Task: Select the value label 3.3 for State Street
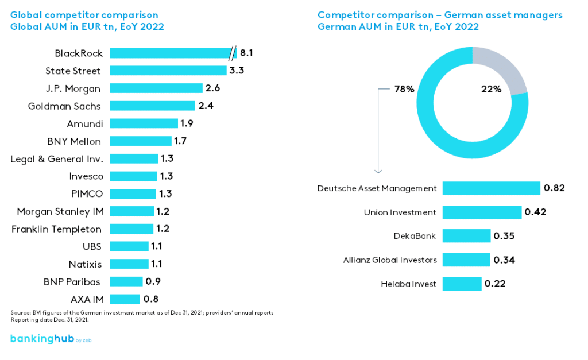tap(237, 71)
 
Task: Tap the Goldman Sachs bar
tap(152, 106)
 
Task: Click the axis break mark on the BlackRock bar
tap(232, 53)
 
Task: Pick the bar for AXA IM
tap(125, 299)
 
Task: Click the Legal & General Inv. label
tap(57, 159)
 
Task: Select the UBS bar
tap(129, 246)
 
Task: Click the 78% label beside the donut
tap(404, 89)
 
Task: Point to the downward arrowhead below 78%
tap(378, 170)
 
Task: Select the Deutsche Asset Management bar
tap(491, 188)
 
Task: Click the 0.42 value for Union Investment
tap(535, 212)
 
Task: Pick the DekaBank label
tap(415, 236)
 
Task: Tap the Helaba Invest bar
tap(462, 284)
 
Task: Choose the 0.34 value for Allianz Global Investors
tap(504, 260)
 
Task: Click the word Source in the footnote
tap(18, 312)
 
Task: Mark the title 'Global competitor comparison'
tap(84, 15)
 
